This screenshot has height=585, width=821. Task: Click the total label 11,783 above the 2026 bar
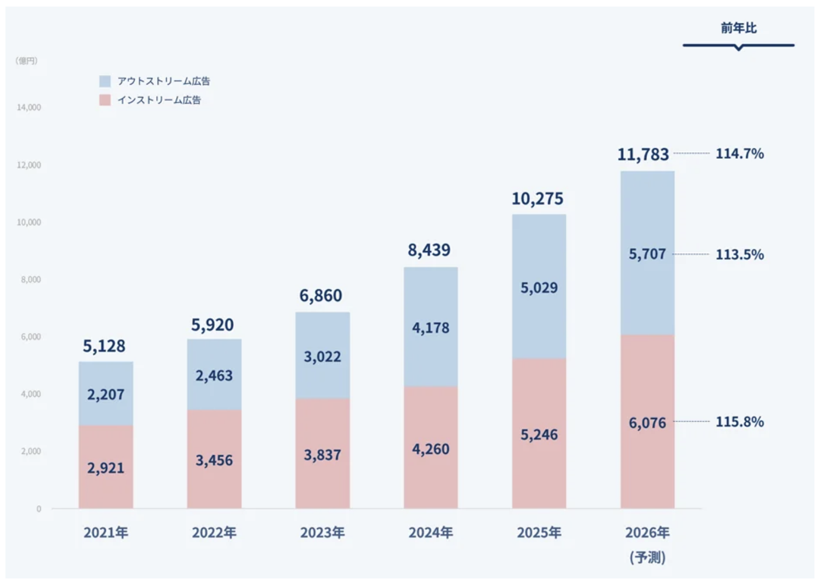tap(643, 154)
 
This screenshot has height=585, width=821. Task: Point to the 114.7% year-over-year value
tap(739, 153)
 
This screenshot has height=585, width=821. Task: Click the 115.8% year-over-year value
tap(739, 422)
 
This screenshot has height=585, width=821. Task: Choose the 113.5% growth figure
tap(739, 254)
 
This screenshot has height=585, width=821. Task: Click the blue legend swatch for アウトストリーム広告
tap(105, 81)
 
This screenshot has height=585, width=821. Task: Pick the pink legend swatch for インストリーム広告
tap(105, 100)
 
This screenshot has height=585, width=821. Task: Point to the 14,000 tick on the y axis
tap(29, 108)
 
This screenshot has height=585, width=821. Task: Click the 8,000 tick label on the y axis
tap(31, 279)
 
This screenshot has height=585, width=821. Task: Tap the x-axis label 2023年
tap(322, 532)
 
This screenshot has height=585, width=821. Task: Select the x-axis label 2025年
tap(539, 532)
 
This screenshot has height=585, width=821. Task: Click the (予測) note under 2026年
tap(648, 557)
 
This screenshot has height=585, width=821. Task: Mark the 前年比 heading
tap(739, 28)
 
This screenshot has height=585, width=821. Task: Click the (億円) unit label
tap(27, 61)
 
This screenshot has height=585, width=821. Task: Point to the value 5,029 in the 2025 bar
tap(539, 288)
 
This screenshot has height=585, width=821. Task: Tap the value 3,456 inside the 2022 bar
tap(214, 460)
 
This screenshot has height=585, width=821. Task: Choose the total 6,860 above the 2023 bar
tap(321, 295)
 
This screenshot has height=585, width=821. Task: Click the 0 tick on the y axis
tap(39, 509)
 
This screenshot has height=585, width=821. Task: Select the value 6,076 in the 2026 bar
tap(647, 423)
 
